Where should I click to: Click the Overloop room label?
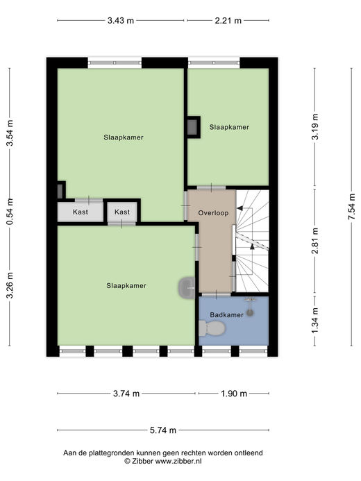(213, 212)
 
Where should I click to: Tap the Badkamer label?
(226, 314)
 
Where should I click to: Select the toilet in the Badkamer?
(212, 328)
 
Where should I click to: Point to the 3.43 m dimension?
(121, 21)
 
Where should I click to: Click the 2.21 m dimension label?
(228, 21)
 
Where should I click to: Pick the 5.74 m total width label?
(163, 430)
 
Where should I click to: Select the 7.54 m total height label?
(351, 206)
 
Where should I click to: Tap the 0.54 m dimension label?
(10, 212)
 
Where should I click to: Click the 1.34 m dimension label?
(314, 320)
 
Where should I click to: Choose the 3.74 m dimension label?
(126, 394)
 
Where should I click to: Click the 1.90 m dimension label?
(234, 394)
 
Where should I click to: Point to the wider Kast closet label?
(81, 212)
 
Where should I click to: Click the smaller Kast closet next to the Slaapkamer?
(122, 212)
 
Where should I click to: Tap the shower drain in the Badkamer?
(251, 312)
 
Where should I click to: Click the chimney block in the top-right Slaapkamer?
(193, 127)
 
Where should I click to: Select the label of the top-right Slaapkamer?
(229, 127)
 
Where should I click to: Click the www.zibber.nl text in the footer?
(178, 461)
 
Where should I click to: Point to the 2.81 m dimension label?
(314, 241)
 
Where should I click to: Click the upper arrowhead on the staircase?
(240, 208)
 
